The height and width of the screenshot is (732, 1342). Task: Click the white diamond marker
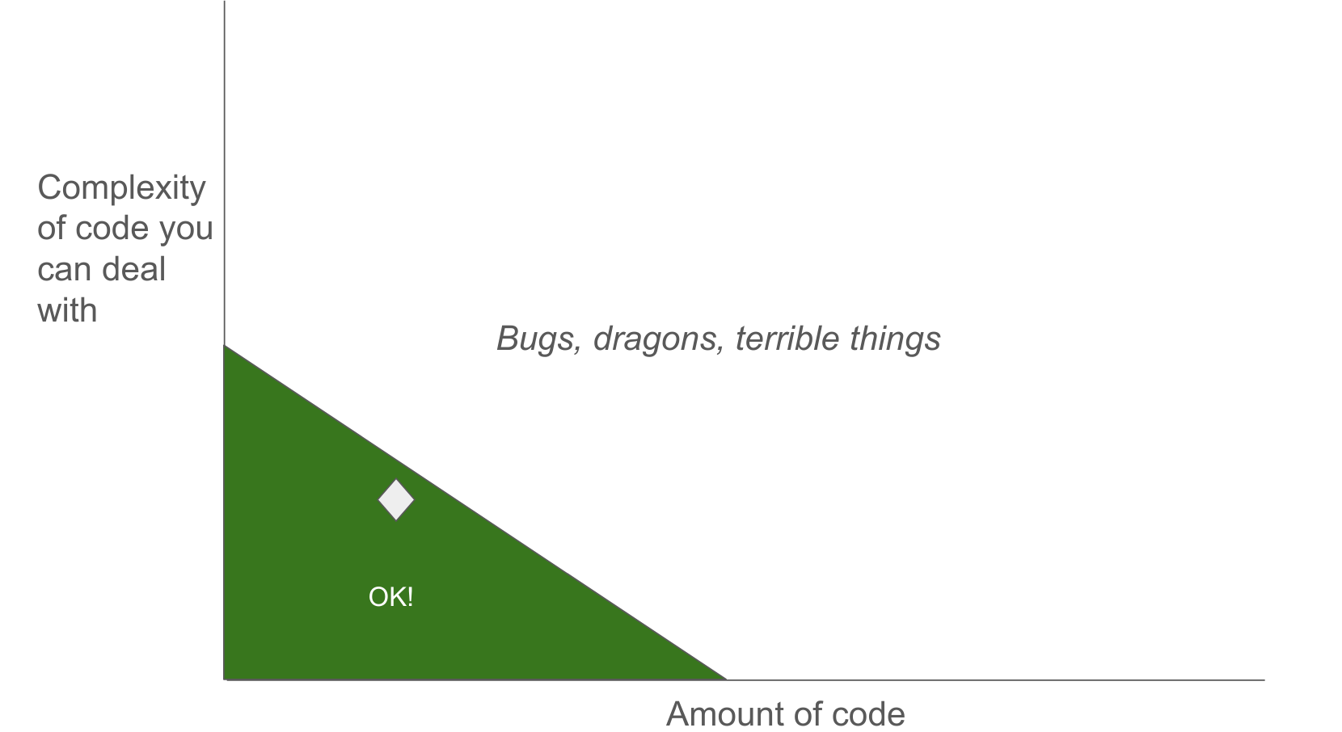coord(396,500)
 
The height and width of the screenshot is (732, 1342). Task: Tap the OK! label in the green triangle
coord(390,597)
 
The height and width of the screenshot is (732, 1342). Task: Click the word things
coord(895,339)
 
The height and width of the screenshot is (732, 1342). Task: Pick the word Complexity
coord(121,188)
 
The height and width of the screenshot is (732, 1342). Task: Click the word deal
coord(133,269)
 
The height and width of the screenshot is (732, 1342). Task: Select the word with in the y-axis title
coord(67,310)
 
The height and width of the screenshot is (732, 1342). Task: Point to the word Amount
coord(717,714)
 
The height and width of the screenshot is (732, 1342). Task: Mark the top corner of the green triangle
coord(225,345)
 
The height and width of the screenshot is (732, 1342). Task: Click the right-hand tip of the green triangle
coord(726,679)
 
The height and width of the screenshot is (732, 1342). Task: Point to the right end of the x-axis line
coord(1264,680)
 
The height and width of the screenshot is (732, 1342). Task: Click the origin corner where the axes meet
coord(225,680)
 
